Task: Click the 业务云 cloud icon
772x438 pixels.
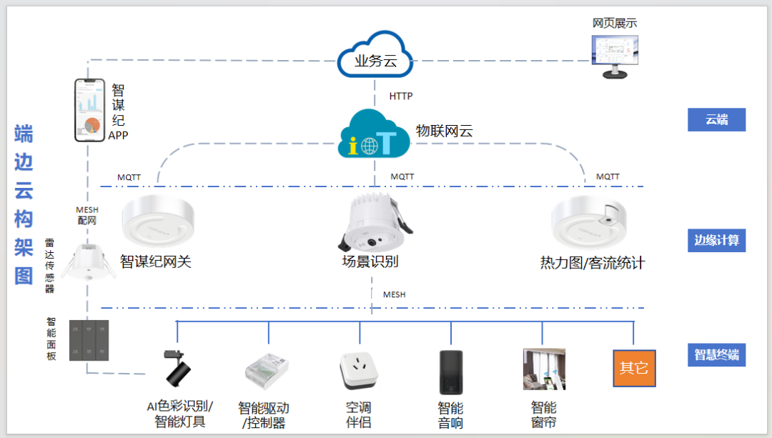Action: click(x=375, y=56)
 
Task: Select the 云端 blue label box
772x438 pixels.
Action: click(x=716, y=119)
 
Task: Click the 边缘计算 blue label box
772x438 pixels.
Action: click(x=716, y=240)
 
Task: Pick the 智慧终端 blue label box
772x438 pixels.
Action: click(x=716, y=354)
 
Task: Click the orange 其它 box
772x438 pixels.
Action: click(x=634, y=368)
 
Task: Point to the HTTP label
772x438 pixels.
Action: click(x=400, y=96)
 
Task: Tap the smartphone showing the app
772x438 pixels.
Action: click(x=89, y=110)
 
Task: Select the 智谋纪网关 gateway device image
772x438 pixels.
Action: click(x=159, y=222)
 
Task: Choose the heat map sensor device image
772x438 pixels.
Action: click(x=590, y=222)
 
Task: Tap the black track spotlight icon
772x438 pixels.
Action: click(x=179, y=368)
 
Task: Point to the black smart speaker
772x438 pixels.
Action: click(x=450, y=372)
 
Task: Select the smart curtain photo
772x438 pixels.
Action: click(x=544, y=369)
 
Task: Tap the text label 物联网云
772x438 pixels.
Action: click(x=444, y=131)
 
